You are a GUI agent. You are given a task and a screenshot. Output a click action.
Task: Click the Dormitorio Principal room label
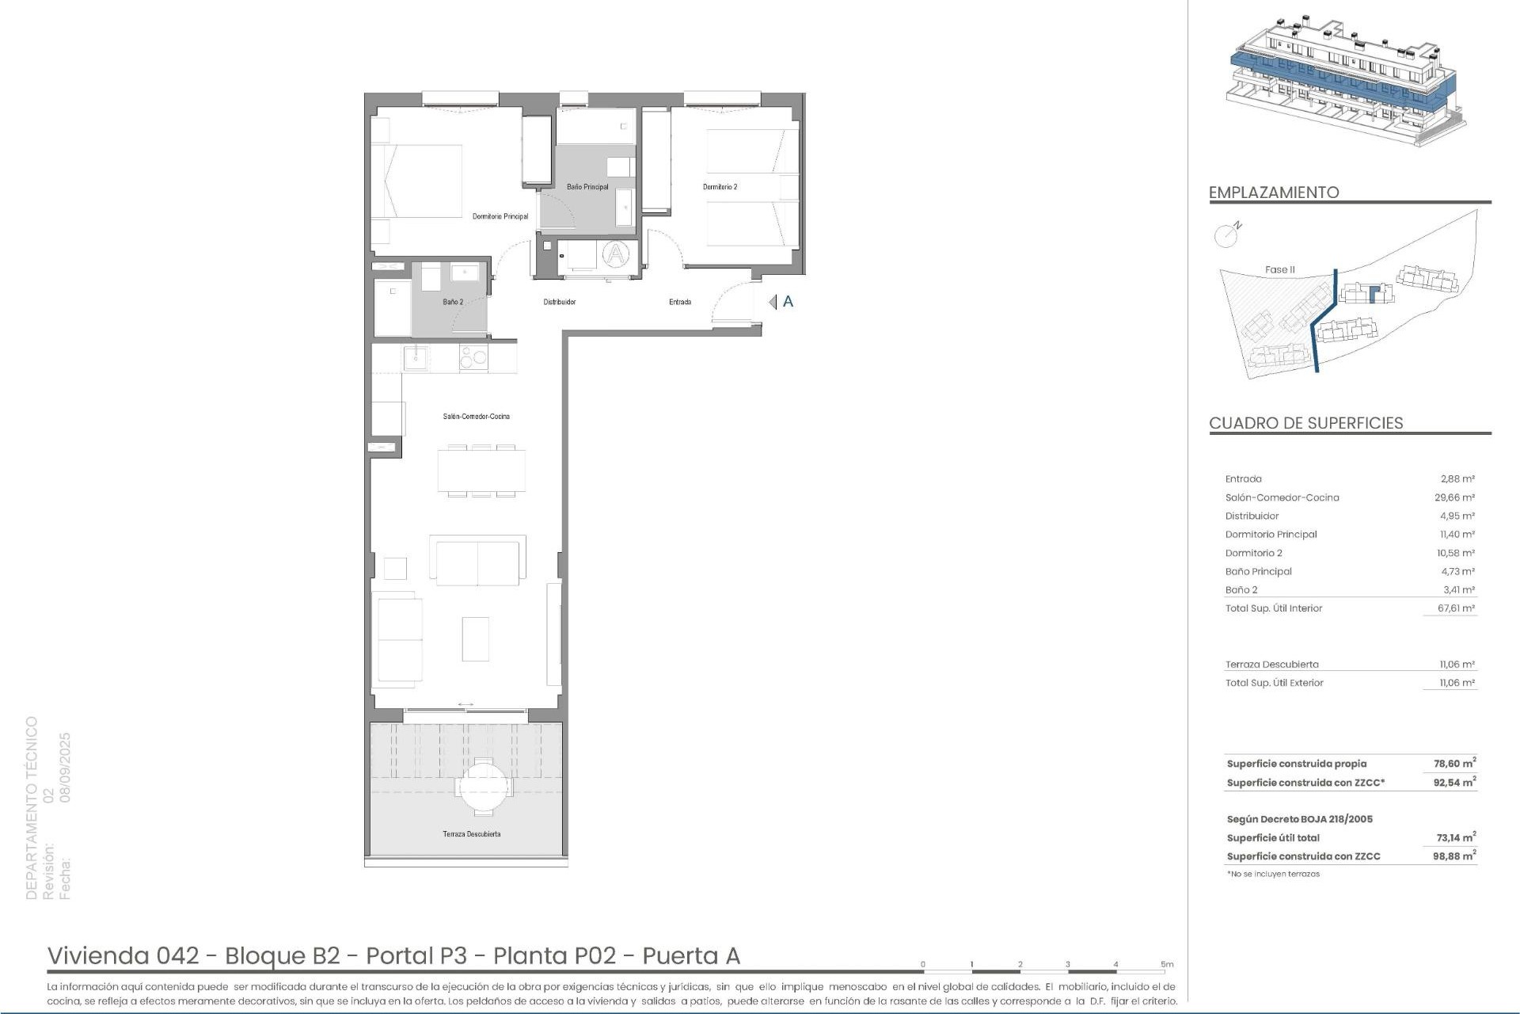500,216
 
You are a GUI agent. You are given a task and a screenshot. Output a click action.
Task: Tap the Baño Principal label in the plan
587,187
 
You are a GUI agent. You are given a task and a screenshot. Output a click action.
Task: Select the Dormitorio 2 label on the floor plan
720,187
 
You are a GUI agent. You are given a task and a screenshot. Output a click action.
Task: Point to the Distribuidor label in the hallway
559,302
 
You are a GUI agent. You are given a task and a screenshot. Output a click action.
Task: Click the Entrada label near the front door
679,302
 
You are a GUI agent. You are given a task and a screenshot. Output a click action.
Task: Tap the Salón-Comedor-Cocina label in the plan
476,417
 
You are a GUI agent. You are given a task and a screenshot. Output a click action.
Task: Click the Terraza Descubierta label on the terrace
471,834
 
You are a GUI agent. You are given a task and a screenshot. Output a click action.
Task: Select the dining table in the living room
481,471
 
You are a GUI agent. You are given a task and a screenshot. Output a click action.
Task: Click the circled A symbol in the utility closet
615,254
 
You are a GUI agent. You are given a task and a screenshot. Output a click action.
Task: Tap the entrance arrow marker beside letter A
773,302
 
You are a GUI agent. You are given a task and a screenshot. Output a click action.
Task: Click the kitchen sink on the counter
416,358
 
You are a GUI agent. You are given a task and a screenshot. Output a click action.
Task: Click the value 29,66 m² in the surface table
1454,497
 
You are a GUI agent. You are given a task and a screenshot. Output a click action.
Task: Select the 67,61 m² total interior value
1456,608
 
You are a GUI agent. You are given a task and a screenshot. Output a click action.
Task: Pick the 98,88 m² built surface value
1454,856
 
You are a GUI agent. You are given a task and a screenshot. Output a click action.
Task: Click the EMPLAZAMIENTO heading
1273,193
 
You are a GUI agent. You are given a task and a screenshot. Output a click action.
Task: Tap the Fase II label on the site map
1279,270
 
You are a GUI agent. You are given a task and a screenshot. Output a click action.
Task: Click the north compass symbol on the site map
1225,234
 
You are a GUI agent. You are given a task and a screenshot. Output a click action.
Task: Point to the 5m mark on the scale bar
1167,965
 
